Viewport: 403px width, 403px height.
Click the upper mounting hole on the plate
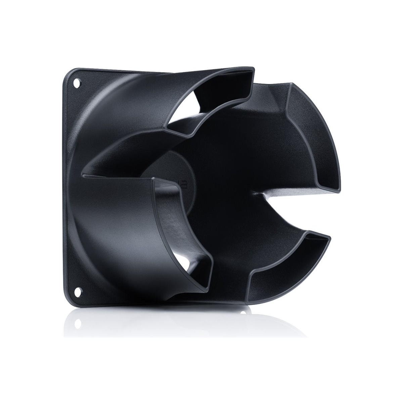click(77, 82)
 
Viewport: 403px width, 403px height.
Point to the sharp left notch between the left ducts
click(83, 175)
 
